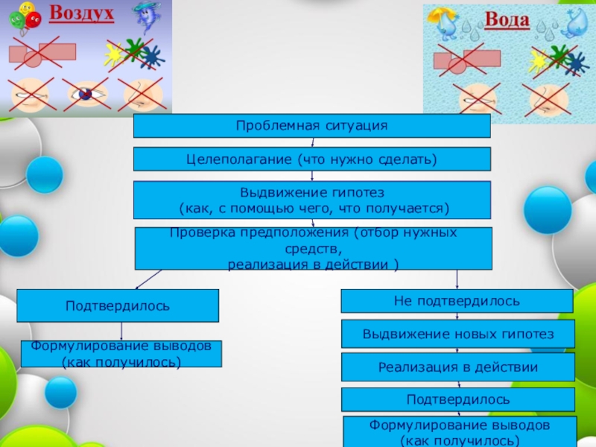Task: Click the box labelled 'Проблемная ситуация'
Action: pos(311,126)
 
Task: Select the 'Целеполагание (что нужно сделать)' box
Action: pos(311,159)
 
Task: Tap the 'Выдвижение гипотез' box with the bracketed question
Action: pos(311,200)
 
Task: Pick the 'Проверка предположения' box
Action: pos(313,248)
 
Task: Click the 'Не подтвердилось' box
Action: pos(457,301)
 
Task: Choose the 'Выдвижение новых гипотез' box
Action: pos(458,334)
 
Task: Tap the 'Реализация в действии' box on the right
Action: pos(458,367)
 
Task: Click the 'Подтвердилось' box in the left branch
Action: pos(118,305)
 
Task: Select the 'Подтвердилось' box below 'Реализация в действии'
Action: pos(458,399)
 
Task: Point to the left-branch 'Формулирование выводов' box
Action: pos(121,354)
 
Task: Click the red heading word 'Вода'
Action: pos(507,20)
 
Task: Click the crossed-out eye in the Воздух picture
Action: pos(86,95)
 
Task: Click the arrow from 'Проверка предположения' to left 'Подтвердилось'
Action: pos(149,279)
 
